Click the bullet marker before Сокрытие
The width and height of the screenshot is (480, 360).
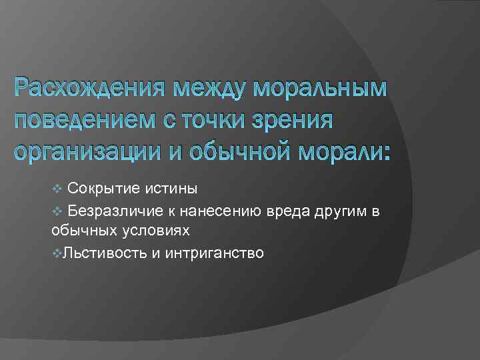(56, 189)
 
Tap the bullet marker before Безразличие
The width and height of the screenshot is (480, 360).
(56, 211)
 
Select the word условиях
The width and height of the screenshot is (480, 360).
(160, 231)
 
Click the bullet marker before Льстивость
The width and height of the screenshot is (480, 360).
(56, 253)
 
